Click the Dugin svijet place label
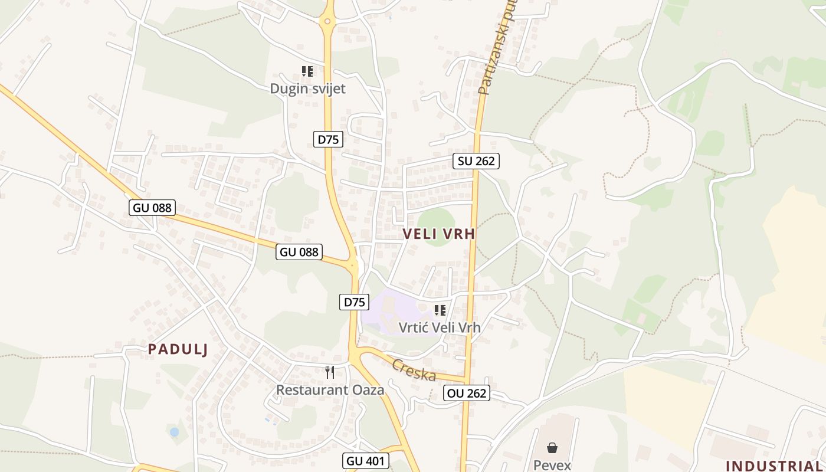(307, 88)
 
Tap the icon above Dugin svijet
(307, 71)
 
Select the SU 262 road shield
(476, 160)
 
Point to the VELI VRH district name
(439, 234)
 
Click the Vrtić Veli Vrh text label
(440, 327)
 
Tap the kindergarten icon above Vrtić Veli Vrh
(440, 310)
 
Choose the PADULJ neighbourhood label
(178, 349)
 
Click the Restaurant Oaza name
(330, 389)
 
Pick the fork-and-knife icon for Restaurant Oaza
(330, 372)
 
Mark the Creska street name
(414, 370)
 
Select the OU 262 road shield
(467, 393)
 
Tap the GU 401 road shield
(366, 460)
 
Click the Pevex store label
(552, 465)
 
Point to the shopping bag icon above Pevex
(552, 448)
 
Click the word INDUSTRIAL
(773, 466)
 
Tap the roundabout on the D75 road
(327, 22)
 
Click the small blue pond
(174, 432)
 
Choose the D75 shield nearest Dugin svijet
(328, 139)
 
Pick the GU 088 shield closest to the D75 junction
(299, 252)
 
